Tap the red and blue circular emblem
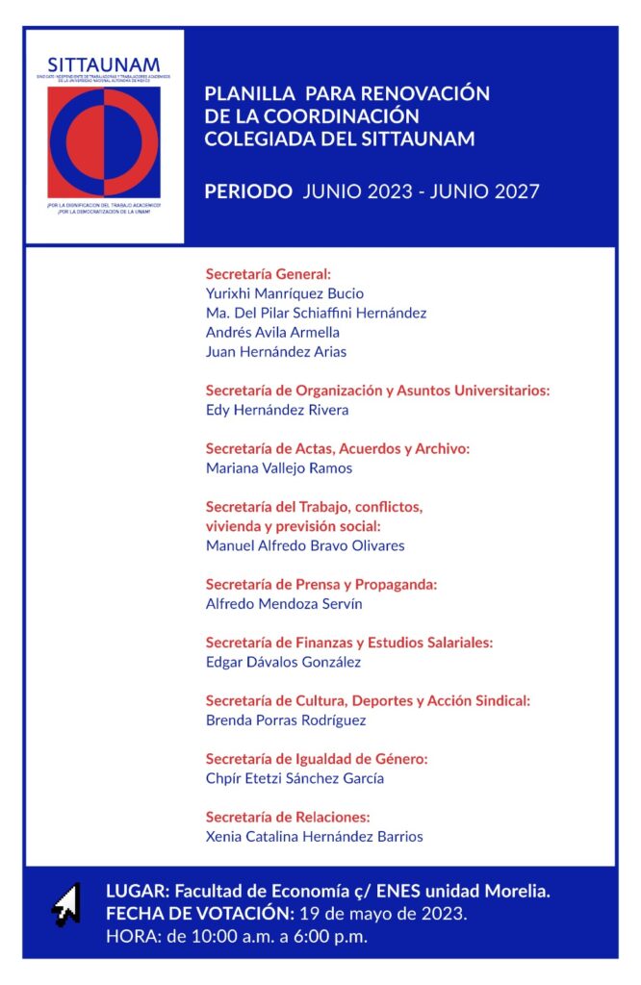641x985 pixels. (104, 142)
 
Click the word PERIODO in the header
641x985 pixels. (248, 191)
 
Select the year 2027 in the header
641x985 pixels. (513, 191)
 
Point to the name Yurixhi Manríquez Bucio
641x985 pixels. (285, 293)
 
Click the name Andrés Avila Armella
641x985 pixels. (272, 332)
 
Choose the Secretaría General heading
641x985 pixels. (269, 274)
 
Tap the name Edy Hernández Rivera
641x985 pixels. (277, 410)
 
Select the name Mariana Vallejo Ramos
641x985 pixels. (279, 468)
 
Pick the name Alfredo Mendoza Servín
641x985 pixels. (284, 604)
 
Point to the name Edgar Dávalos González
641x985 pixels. (287, 663)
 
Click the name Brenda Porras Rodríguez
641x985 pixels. (286, 720)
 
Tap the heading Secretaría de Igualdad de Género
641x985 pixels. (317, 759)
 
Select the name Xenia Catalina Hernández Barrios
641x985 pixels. (314, 837)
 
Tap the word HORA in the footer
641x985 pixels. (129, 935)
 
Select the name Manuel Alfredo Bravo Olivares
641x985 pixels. (305, 545)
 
